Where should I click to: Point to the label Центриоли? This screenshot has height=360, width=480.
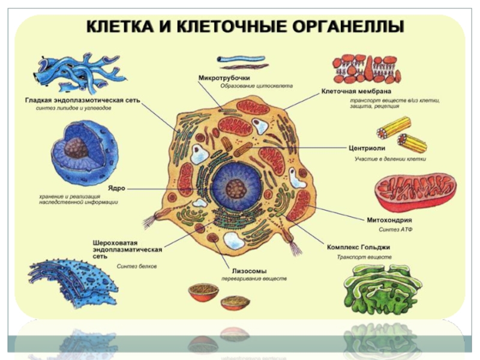[x=367, y=147]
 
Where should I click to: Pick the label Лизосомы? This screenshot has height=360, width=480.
[x=248, y=271]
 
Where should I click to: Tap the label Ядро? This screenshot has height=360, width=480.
[x=116, y=188]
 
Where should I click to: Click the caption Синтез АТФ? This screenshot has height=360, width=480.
[x=395, y=229]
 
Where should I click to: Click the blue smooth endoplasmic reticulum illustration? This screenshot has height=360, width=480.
[x=71, y=76]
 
